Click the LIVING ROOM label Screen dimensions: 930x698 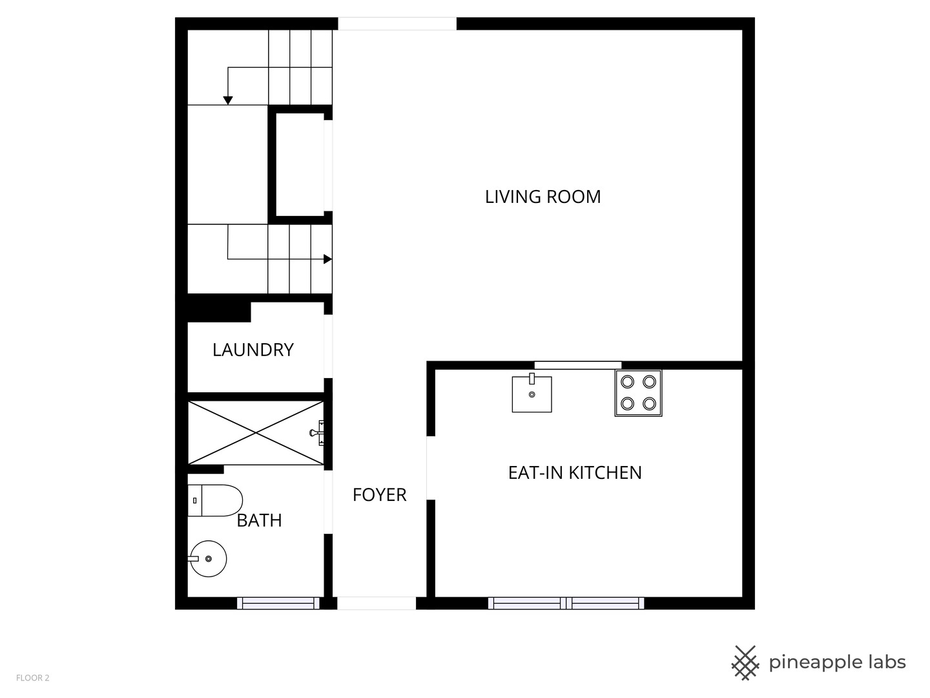542,196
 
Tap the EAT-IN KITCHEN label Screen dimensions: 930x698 575,472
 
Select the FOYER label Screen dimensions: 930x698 380,494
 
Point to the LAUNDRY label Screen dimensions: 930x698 253,350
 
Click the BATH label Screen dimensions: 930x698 259,520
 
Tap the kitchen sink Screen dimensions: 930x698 532,394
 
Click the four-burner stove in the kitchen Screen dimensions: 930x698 638,393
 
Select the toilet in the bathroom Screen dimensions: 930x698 215,500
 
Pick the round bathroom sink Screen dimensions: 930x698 208,558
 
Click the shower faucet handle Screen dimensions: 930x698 317,433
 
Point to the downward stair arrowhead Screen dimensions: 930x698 228,100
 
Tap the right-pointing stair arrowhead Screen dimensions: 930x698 327,259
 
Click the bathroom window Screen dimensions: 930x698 278,603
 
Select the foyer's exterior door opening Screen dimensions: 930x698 377,603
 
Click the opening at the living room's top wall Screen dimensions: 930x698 397,24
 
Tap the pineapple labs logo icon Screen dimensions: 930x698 745,663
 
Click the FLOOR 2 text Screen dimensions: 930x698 33,678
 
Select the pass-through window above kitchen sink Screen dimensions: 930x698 578,365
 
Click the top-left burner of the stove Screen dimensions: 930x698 627,382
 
